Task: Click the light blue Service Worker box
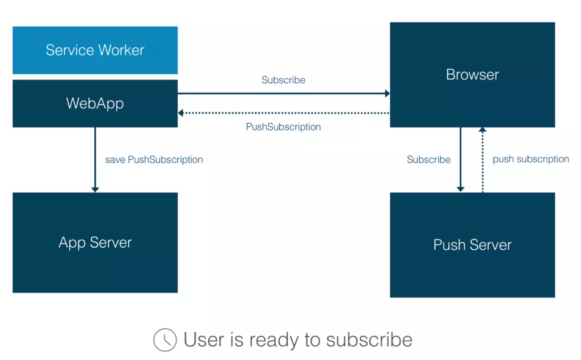(95, 50)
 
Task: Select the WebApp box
(95, 103)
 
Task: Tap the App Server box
(95, 242)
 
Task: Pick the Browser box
(472, 74)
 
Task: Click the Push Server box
(472, 245)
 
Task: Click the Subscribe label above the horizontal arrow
(283, 80)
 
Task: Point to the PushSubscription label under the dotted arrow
(283, 127)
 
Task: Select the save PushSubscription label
(154, 160)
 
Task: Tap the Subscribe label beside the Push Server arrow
(428, 160)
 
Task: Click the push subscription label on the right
(531, 159)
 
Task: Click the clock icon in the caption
(165, 340)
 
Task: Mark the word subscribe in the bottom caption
(369, 340)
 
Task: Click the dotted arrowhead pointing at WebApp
(181, 113)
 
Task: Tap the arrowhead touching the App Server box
(95, 189)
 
